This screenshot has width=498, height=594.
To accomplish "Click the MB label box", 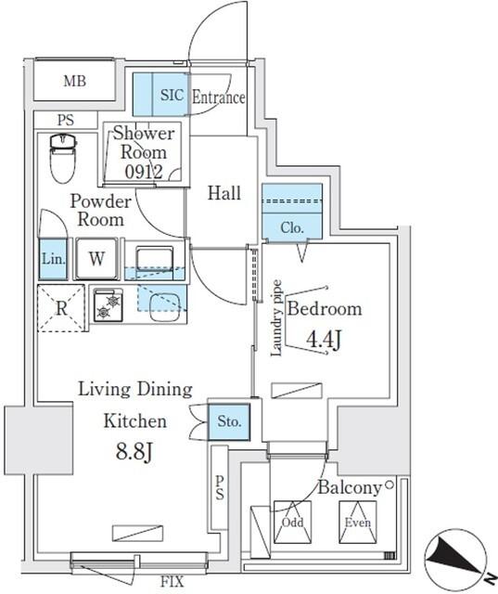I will point(75,82).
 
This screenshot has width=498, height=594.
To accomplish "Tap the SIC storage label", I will point(172,95).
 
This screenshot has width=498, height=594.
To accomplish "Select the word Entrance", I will point(219,97).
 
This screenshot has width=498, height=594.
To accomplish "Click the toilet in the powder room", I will point(62,158).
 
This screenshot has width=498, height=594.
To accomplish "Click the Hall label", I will point(223,194).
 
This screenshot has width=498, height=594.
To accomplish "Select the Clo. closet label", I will point(292,226).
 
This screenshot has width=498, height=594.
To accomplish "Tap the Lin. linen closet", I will point(53,260).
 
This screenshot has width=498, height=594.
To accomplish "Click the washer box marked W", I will point(96,260).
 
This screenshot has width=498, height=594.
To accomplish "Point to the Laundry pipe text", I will point(276,318).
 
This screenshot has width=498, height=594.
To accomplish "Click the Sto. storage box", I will point(228,421).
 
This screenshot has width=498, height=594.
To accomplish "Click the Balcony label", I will point(350,487).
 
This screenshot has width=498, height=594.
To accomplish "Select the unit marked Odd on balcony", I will point(292,522).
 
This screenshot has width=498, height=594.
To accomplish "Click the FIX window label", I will point(172,583).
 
